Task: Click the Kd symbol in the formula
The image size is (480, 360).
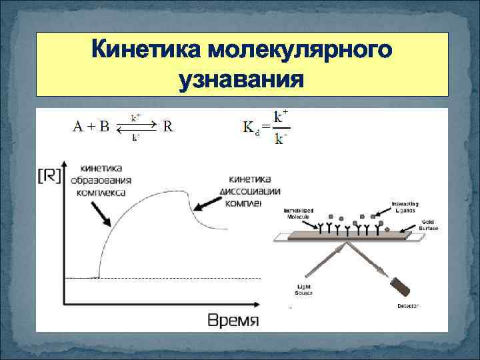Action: click(251, 127)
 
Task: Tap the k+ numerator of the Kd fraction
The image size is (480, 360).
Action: click(281, 115)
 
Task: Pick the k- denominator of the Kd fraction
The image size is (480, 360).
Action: click(281, 139)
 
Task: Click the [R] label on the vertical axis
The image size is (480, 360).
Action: click(50, 176)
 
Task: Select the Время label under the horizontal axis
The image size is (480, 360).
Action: click(233, 319)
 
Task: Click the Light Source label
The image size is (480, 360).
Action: click(303, 289)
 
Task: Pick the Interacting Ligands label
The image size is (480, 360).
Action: click(403, 206)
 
